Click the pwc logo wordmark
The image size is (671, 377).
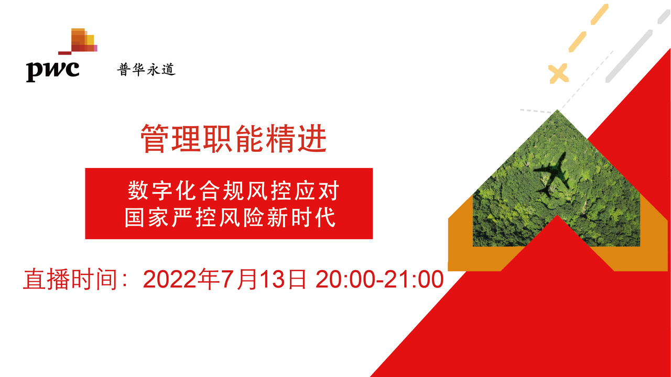[53, 71]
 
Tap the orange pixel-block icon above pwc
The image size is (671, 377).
[78, 41]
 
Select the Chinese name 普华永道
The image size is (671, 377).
[146, 70]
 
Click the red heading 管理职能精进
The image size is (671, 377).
[233, 139]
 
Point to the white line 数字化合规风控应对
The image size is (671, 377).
[233, 190]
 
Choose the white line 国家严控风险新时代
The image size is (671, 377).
[230, 217]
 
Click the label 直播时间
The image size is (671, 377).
[70, 279]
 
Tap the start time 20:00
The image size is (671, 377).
[345, 280]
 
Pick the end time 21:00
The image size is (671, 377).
[414, 280]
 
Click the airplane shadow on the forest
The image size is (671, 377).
[552, 175]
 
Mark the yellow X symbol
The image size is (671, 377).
[558, 73]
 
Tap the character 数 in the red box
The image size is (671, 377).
[138, 190]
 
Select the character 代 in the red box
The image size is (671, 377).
[325, 217]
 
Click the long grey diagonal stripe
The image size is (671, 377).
[629, 56]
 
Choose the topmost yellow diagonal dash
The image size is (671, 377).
[599, 14]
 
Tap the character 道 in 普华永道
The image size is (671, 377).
[168, 70]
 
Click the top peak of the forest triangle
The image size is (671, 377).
[557, 110]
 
